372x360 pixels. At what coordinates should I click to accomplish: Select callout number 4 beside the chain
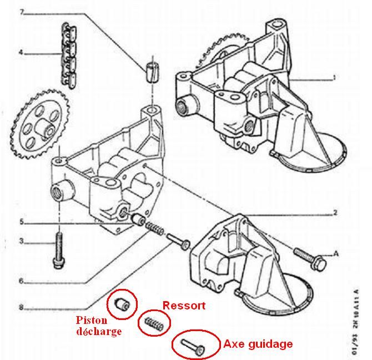[x=21, y=53]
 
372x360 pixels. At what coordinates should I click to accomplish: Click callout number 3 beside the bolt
[x=21, y=241]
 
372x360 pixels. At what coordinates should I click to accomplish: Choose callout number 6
[x=21, y=281]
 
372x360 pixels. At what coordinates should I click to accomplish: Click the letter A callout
[x=336, y=254]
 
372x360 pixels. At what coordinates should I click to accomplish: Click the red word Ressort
[x=183, y=306]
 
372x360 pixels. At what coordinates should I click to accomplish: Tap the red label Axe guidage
[x=258, y=344]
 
